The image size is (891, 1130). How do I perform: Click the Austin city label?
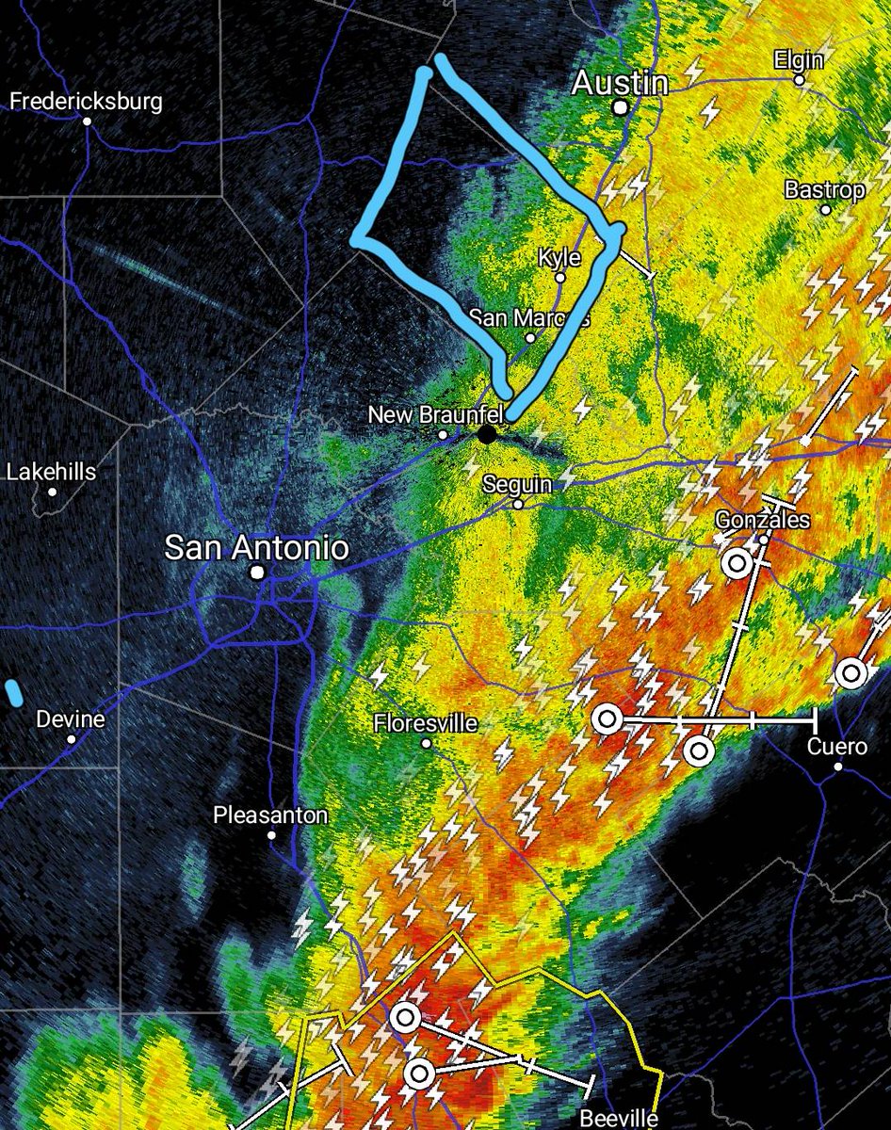621,84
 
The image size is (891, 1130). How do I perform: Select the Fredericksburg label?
86,102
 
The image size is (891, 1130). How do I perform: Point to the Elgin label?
798,60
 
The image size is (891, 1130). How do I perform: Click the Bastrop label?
824,190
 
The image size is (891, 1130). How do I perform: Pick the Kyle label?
559,257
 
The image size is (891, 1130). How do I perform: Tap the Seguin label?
517,484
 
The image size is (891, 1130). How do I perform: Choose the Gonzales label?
762,520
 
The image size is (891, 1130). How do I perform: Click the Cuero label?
837,747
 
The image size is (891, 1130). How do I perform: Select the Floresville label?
425,723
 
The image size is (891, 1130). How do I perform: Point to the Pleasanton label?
270,815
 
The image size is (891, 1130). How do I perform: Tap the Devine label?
71,719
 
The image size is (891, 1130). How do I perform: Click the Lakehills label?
52,471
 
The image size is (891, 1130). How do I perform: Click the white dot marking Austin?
620,108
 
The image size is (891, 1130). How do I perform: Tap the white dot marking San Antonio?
256,573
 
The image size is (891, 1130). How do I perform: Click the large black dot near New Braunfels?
486,434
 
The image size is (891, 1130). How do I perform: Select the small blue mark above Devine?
14,692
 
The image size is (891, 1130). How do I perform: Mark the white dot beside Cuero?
837,767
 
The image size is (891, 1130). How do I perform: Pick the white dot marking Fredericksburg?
86,121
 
